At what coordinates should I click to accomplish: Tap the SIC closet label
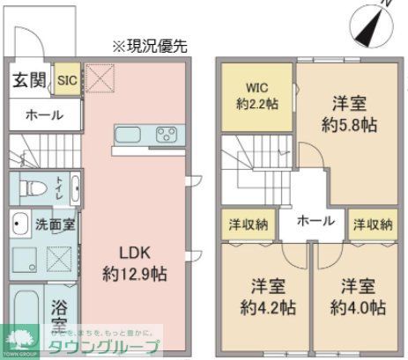coord(68,81)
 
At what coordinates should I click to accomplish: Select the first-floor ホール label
coord(43,114)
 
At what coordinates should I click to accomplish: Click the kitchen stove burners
coord(165,135)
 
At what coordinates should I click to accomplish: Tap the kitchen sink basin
coord(129,135)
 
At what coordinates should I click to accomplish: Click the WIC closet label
coord(257,88)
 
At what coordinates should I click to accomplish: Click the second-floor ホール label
coord(315,220)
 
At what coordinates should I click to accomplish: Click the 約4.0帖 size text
coord(359,308)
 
